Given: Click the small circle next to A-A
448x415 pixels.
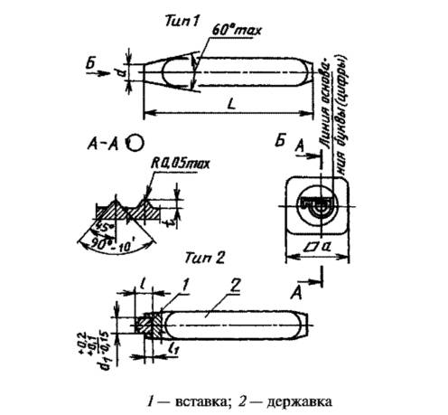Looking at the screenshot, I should click(135, 142).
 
